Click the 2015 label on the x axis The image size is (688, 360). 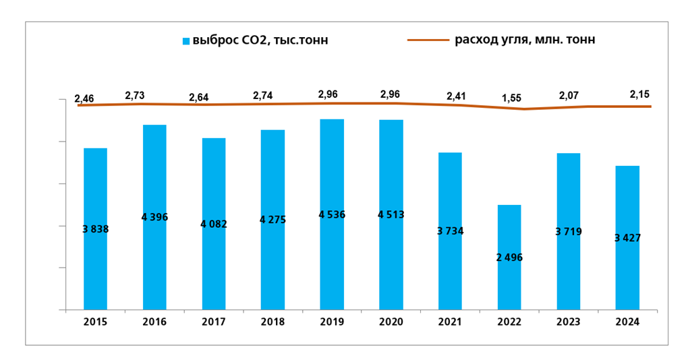(x=95, y=322)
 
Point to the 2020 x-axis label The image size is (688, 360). (x=391, y=322)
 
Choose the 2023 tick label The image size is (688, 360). (x=569, y=322)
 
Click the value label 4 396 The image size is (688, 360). (x=154, y=217)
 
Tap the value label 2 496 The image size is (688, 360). (x=509, y=258)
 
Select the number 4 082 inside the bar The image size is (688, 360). (x=214, y=224)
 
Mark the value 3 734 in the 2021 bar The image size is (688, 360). (x=450, y=231)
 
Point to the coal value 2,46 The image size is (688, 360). (x=84, y=98)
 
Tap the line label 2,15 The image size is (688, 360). (x=639, y=94)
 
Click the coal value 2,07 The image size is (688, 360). (x=568, y=96)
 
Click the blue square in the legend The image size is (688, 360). (x=186, y=41)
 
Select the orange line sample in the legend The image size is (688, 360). (x=428, y=40)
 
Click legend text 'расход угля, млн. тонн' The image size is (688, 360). (x=525, y=40)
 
